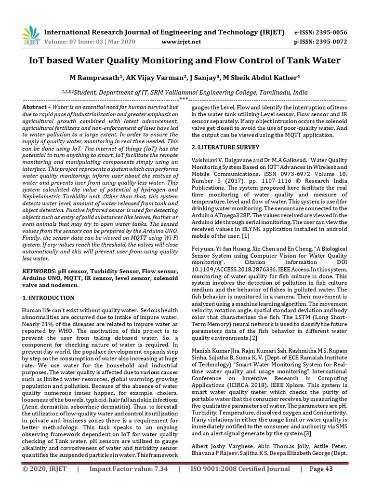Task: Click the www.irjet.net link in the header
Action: (181, 42)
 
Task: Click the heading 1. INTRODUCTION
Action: (49, 298)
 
